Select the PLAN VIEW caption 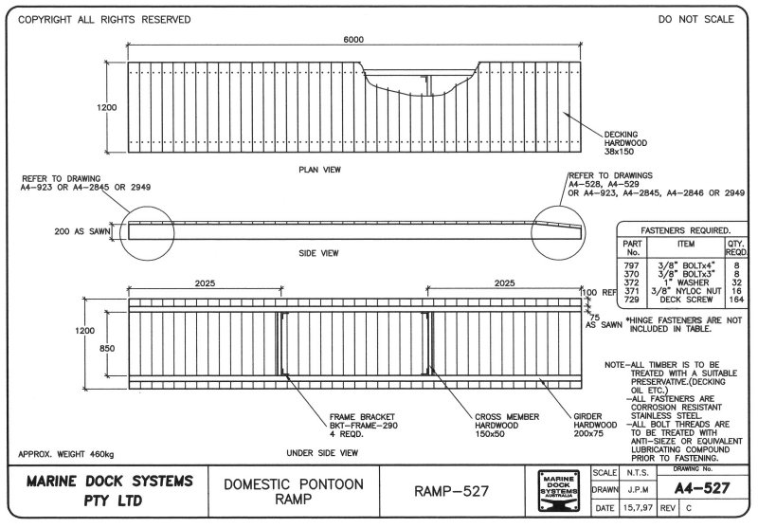[318, 170]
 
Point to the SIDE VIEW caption [318, 254]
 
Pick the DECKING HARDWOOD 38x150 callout [624, 141]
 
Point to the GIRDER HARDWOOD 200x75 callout [594, 432]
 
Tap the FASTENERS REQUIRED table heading [678, 230]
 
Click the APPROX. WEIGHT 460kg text [64, 454]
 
